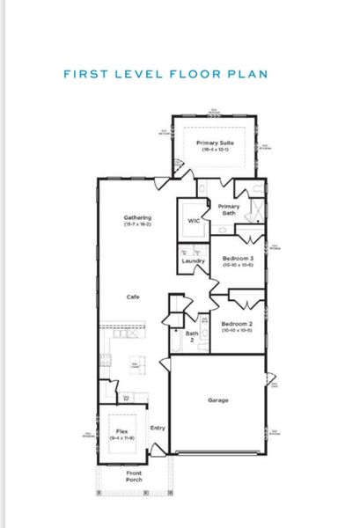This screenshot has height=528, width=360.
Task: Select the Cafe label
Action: coord(133,297)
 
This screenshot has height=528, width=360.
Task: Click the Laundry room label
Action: coord(194,261)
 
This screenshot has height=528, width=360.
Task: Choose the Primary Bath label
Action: coord(227,209)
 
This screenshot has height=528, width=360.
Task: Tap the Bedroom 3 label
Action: coord(237,258)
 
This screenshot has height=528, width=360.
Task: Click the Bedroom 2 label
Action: coord(237,322)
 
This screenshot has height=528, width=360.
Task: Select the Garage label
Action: coord(218,400)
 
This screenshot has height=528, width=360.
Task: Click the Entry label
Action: coord(158,428)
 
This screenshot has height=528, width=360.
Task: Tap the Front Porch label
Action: coord(134,476)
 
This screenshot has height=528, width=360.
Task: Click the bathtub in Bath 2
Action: coord(178,339)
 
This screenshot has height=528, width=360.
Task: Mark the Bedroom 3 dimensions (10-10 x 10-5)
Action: coord(237,265)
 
